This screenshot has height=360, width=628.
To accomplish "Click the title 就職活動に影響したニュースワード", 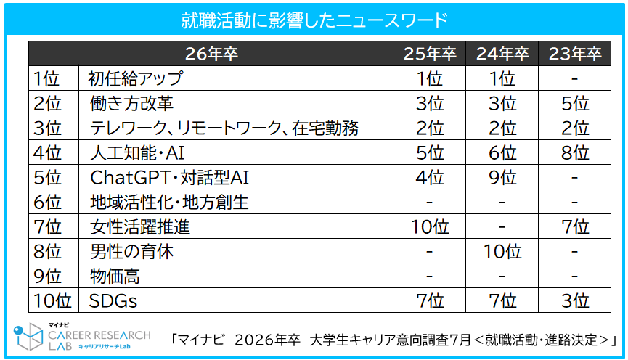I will [314, 20].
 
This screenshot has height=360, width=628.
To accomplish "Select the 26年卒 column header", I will [211, 54].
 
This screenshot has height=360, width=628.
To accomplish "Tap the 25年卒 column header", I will [430, 54].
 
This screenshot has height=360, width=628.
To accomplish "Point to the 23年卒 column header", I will [575, 54].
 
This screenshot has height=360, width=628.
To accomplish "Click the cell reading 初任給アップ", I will [135, 78].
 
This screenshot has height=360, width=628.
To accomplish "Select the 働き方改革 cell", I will [131, 103].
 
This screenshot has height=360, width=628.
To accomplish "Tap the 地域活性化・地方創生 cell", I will [168, 202].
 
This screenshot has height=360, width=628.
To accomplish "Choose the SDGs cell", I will [113, 300].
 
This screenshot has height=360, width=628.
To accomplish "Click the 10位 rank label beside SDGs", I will [52, 300].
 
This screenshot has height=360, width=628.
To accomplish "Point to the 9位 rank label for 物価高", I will [47, 276].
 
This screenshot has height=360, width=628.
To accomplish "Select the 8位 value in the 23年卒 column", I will [575, 152].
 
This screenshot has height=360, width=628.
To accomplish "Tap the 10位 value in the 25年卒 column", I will [430, 226].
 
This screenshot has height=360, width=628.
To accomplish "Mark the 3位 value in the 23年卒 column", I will [575, 300].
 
